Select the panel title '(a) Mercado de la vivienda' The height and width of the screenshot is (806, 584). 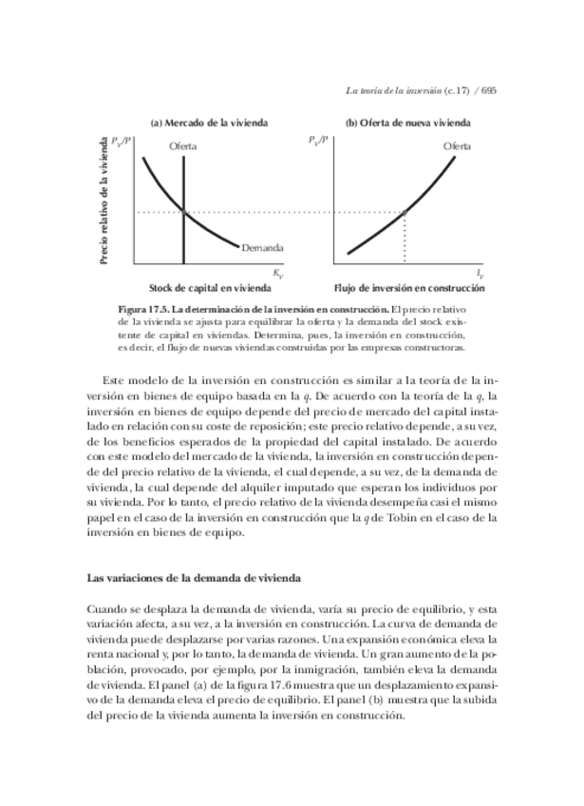(x=209, y=123)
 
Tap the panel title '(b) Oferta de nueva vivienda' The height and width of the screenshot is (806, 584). (x=407, y=123)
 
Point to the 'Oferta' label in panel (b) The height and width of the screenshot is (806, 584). (x=457, y=145)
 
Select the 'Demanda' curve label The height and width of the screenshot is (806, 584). (x=262, y=248)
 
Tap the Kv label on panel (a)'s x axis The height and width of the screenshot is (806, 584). (x=278, y=274)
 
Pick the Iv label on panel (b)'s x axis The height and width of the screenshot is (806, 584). (x=480, y=274)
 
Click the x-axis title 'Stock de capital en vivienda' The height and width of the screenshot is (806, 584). (x=209, y=288)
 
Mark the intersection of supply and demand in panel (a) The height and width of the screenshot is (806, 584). (x=182, y=211)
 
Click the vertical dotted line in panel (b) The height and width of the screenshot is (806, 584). (x=406, y=238)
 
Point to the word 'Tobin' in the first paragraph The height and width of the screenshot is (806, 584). (x=403, y=517)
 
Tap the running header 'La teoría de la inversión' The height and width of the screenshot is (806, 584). (x=393, y=91)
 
